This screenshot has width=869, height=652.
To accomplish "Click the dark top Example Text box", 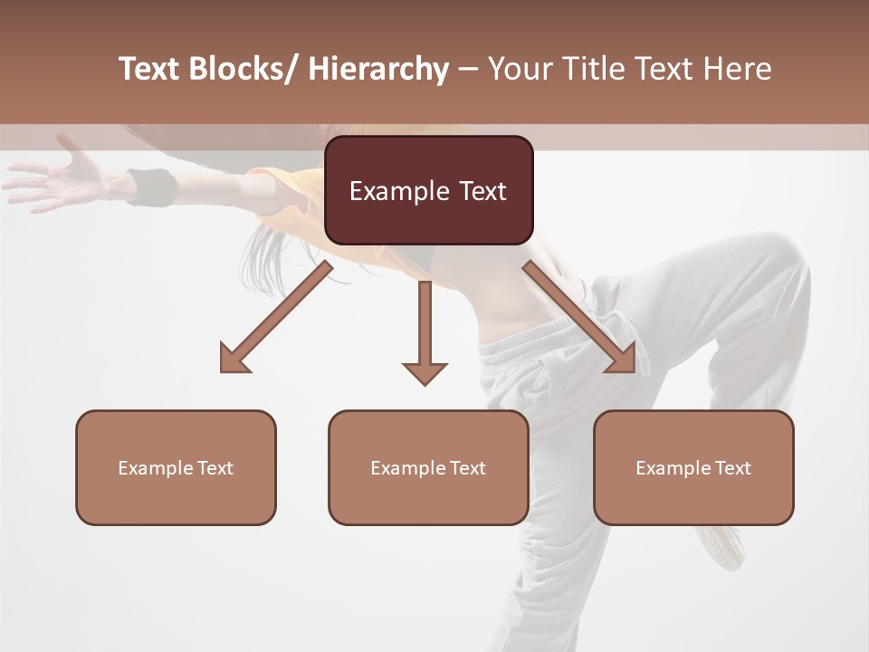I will (x=428, y=190).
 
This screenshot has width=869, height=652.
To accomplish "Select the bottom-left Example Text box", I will (x=176, y=467).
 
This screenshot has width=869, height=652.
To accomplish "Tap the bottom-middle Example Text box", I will (x=428, y=467).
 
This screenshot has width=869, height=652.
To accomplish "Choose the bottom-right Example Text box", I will (x=693, y=467).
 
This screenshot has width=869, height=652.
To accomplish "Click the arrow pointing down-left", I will (x=277, y=317).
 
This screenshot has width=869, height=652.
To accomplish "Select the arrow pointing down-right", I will (x=579, y=317).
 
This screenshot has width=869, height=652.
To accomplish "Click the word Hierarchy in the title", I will (x=378, y=69).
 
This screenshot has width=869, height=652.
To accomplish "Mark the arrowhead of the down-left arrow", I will (x=234, y=360).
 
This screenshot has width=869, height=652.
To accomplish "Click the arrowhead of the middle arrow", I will (x=425, y=372).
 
